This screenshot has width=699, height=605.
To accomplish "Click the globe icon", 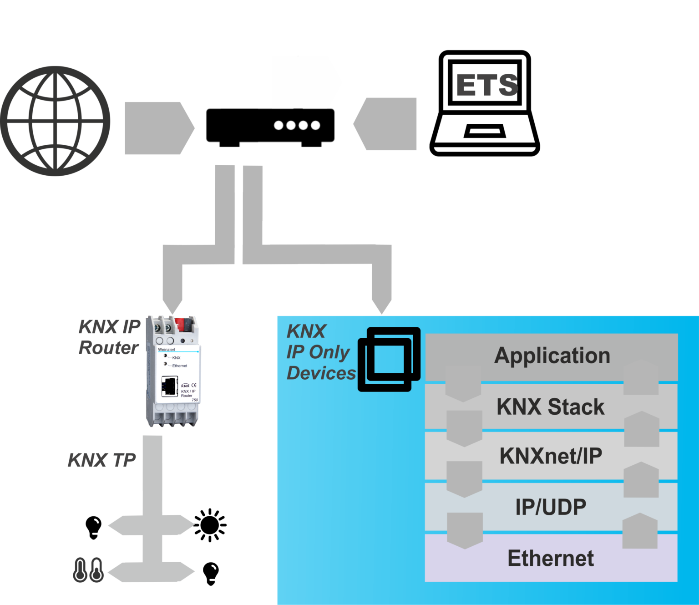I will pyautogui.click(x=55, y=121).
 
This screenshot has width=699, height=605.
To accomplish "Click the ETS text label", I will pyautogui.click(x=487, y=85).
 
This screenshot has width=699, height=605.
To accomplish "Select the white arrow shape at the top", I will pyautogui.click(x=305, y=82).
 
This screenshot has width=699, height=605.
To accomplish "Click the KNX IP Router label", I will pyautogui.click(x=109, y=337).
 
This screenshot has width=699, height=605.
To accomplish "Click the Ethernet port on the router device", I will pyautogui.click(x=169, y=386).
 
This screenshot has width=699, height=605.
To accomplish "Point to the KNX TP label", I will pyautogui.click(x=102, y=460).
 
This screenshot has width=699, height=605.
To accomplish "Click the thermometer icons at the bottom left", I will pyautogui.click(x=88, y=569).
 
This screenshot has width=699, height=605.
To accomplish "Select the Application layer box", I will pyautogui.click(x=552, y=356).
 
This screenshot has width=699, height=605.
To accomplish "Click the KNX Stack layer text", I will pyautogui.click(x=551, y=407).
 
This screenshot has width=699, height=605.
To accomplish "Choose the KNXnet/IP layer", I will pyautogui.click(x=551, y=456).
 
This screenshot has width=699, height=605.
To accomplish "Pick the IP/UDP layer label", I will pyautogui.click(x=551, y=507).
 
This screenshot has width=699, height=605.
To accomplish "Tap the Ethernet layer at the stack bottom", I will pyautogui.click(x=551, y=559).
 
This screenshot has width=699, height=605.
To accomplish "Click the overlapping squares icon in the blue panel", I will pyautogui.click(x=389, y=359).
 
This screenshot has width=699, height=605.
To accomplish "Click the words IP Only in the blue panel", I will pyautogui.click(x=318, y=352).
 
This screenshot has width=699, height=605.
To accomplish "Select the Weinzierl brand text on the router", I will pyautogui.click(x=166, y=350).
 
